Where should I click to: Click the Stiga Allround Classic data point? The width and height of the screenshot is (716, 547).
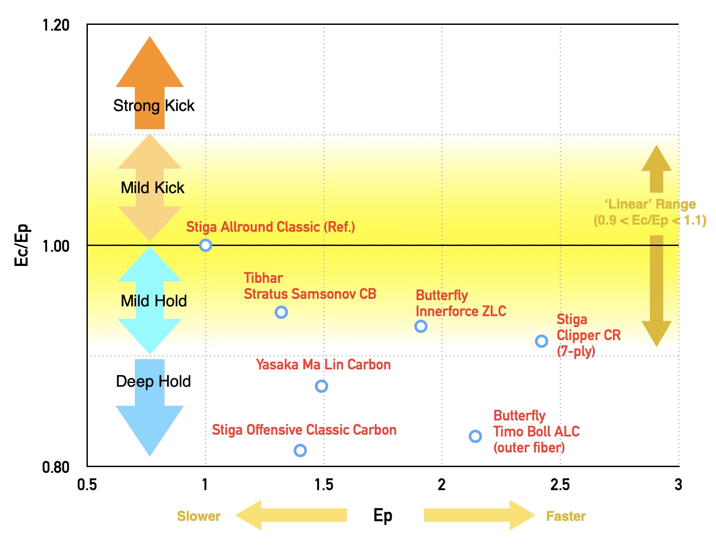205,245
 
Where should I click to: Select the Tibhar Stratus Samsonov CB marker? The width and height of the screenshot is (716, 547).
281,312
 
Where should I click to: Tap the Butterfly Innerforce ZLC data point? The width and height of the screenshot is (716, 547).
421,326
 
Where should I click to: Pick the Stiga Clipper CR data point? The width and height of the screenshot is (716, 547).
541,341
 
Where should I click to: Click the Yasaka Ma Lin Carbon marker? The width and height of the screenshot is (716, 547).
321,386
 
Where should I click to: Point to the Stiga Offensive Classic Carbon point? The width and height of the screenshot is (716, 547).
300,451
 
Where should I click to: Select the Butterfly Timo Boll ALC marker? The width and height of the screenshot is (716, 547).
475,436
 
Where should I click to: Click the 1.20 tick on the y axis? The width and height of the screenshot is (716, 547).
56,25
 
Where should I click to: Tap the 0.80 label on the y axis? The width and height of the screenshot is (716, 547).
56,467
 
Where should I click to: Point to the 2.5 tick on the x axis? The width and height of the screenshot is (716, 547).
560,484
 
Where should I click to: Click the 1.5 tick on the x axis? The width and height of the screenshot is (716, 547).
324,484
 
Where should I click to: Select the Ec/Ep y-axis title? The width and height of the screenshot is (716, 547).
22,245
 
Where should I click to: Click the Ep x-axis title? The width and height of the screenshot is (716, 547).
383,515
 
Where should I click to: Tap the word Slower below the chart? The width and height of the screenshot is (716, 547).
199,516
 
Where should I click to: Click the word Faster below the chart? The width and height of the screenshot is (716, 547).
566,516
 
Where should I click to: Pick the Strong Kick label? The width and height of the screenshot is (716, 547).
154,106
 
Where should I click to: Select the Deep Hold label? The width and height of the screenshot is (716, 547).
153,381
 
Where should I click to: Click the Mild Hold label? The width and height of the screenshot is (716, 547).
154,301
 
